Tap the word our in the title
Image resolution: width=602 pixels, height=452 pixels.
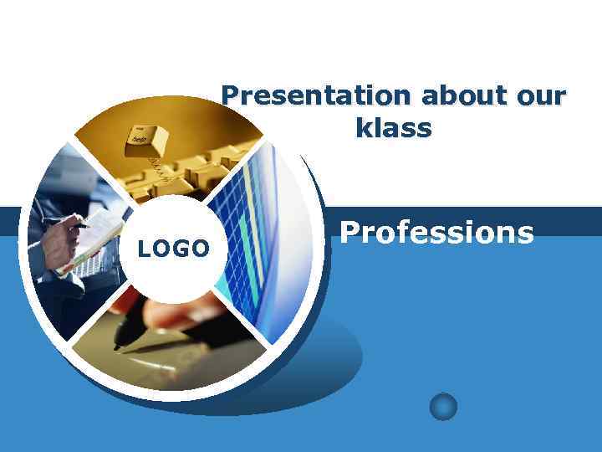(x=541, y=97)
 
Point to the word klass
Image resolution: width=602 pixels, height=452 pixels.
(x=393, y=129)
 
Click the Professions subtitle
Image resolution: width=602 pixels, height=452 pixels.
(x=436, y=232)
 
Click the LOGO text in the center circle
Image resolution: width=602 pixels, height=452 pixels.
(x=173, y=249)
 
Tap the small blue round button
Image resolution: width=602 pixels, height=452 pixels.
(x=443, y=407)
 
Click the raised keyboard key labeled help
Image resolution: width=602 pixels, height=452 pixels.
(x=146, y=138)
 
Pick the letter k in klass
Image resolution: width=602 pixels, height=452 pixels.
(x=361, y=129)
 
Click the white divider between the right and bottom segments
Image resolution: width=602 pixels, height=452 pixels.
(x=242, y=322)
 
